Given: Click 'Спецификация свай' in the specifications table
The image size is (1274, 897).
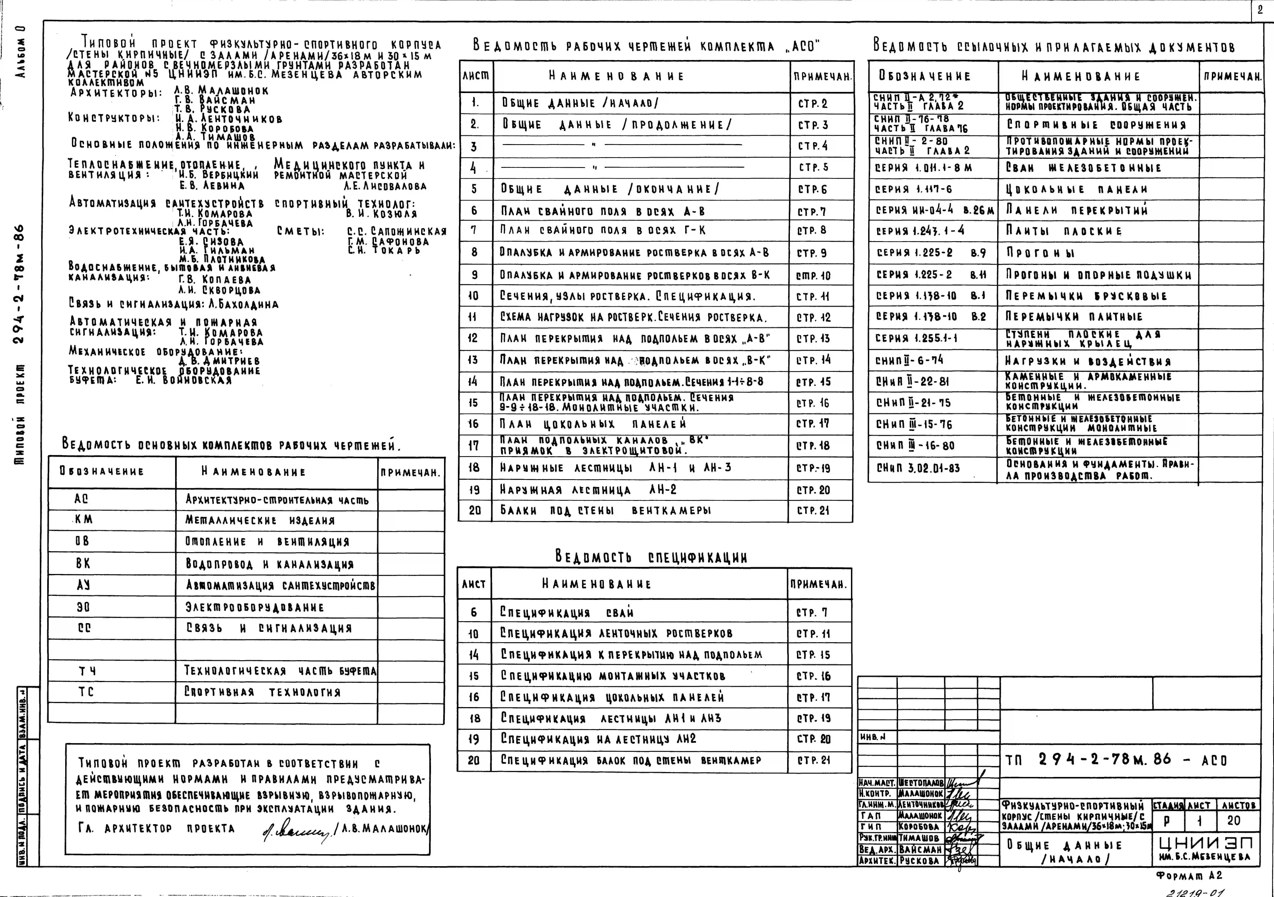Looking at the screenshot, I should (559, 612).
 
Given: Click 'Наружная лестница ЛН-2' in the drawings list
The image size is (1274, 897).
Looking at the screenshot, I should (588, 490).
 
